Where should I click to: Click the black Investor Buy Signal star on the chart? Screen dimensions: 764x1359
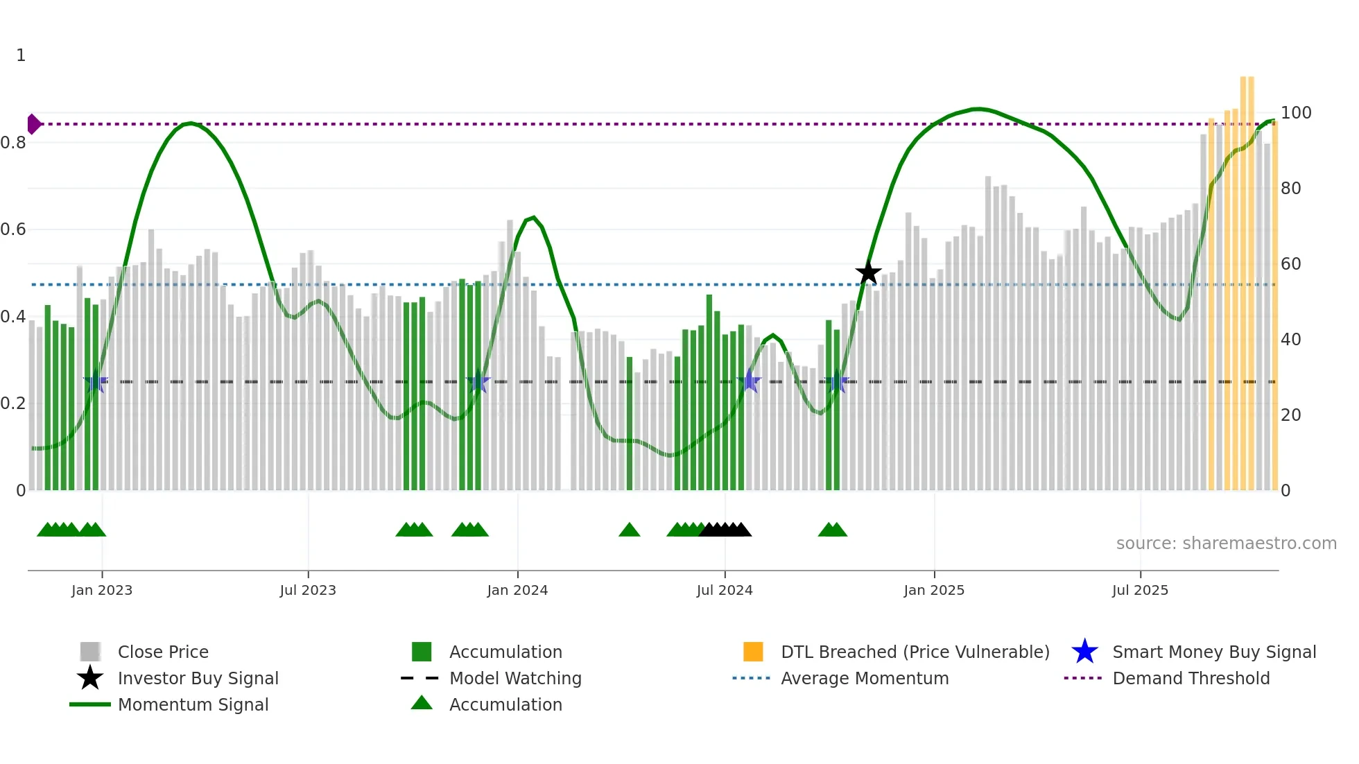[x=868, y=272]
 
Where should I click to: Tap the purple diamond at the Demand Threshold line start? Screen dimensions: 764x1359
[x=33, y=124]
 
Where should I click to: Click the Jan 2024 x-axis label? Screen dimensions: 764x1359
[x=517, y=590]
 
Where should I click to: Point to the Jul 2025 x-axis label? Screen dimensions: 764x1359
[x=1140, y=590]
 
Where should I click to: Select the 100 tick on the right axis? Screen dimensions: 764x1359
[x=1296, y=113]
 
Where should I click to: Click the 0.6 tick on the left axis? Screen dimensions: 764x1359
[x=14, y=229]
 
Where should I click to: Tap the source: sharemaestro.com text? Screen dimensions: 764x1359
[x=1226, y=544]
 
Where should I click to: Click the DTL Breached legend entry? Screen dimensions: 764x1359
[x=915, y=652]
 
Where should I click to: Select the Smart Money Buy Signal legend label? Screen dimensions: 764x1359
[x=1213, y=652]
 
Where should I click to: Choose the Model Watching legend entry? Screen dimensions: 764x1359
[x=514, y=678]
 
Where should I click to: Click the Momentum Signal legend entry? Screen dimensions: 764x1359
[x=193, y=704]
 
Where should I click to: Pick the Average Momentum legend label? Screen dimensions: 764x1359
[x=864, y=678]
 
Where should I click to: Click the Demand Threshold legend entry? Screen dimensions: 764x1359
[x=1191, y=678]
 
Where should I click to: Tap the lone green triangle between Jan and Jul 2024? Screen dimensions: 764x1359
[x=629, y=530]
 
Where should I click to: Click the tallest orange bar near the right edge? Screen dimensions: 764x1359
[x=1247, y=277]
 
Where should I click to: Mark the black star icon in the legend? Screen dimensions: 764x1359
[x=90, y=678]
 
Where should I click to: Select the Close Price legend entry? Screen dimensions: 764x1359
[x=163, y=652]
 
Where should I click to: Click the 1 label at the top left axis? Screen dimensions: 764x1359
[x=21, y=55]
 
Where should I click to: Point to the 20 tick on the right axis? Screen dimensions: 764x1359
[x=1290, y=415]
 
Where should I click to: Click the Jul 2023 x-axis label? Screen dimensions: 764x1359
[x=308, y=590]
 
